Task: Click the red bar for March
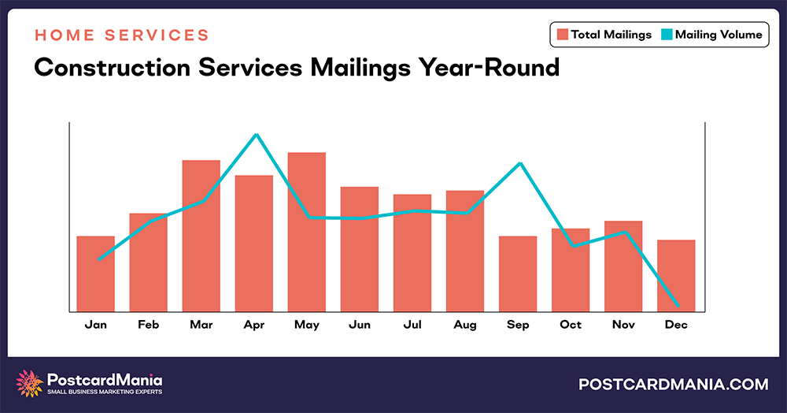point(201,236)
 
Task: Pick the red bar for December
point(676,275)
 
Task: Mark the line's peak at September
point(519,163)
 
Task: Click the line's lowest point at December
point(677,305)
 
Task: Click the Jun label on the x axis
point(360,325)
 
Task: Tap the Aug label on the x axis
point(465,325)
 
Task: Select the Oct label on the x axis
point(571,325)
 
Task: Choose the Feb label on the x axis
point(149,325)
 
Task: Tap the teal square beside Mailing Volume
point(668,35)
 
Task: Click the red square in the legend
point(563,35)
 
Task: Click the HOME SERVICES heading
point(122,35)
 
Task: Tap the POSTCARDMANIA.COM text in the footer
point(673,385)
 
